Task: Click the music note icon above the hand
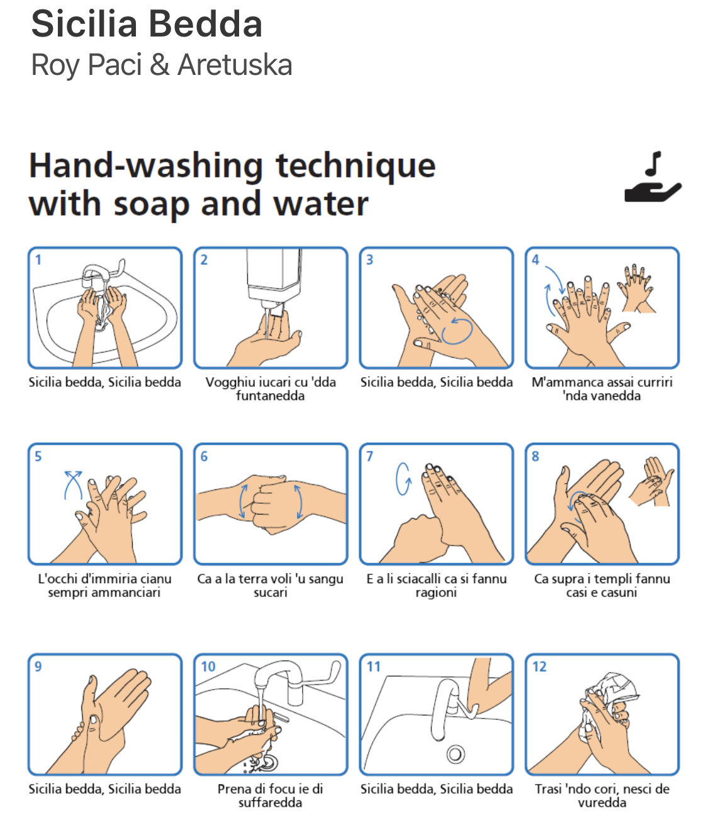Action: point(653,164)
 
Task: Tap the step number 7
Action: point(369,456)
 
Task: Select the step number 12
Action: point(539,666)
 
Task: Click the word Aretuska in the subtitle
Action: point(235,65)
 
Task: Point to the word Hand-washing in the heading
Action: point(146,166)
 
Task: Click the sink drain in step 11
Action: point(456,754)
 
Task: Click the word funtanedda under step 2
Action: point(270,396)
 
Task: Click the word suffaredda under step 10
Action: point(270,803)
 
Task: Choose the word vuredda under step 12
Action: point(602,803)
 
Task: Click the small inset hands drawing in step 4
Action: point(637,288)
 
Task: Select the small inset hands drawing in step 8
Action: point(651,481)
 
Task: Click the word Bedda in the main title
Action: point(206,24)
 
